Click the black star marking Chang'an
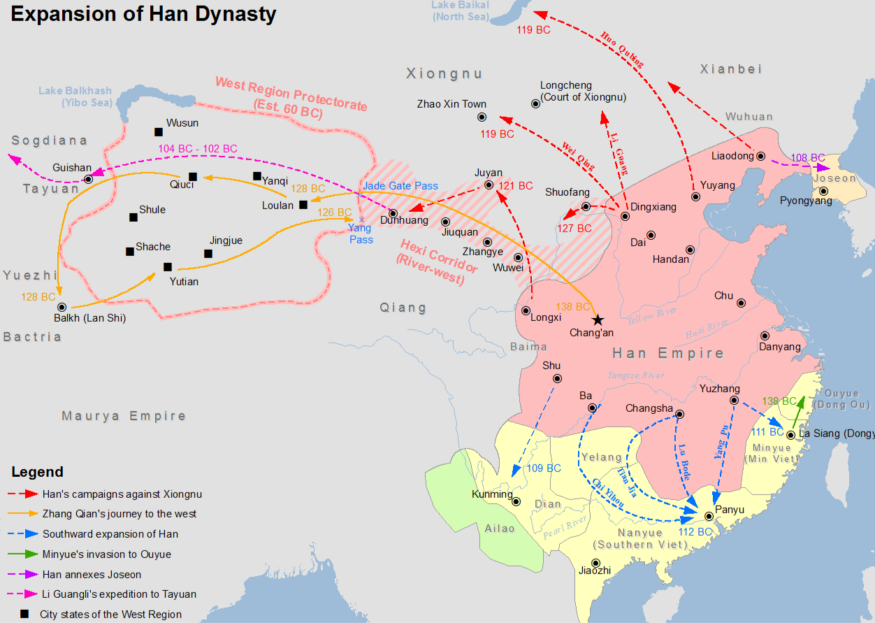[598, 320]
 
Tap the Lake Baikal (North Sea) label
[461, 10]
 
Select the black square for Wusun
[159, 131]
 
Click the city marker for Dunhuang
[393, 214]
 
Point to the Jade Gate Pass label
[400, 186]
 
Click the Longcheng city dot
[536, 103]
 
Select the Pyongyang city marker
[823, 191]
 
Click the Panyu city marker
[709, 517]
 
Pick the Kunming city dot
[516, 501]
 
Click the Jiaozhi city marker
[595, 563]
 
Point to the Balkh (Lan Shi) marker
[62, 307]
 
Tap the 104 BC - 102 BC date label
[197, 149]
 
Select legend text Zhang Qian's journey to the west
[120, 514]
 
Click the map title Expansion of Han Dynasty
[143, 14]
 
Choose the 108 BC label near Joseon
[808, 158]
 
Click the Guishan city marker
[88, 180]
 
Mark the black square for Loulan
[303, 205]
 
